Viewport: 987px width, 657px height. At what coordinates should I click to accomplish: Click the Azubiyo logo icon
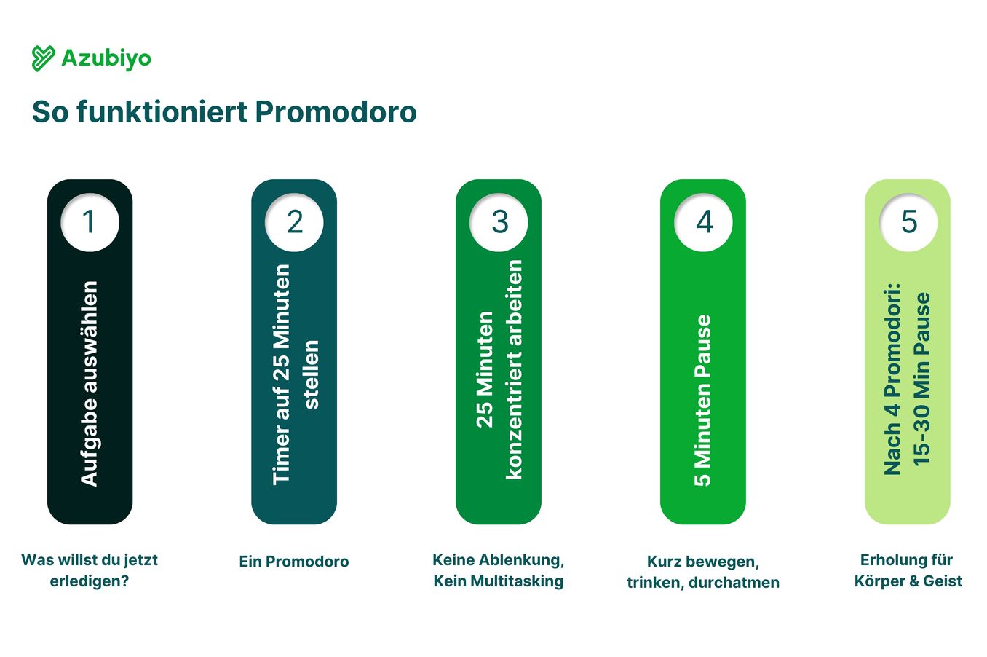(43, 58)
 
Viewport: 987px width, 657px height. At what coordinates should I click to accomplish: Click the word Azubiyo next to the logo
(106, 59)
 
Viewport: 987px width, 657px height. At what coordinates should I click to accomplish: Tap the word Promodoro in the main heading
(336, 112)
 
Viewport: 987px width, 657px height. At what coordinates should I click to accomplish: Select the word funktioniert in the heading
(162, 112)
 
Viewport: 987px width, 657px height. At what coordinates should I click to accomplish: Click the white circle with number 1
(90, 222)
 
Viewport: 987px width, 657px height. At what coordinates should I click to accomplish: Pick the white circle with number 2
(294, 222)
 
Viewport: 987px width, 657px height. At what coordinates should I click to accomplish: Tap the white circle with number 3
(499, 222)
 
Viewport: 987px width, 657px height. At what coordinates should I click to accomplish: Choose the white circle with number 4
(703, 222)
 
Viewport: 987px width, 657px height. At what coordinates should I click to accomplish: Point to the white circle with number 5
(908, 222)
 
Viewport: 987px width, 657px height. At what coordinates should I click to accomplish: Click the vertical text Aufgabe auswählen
(89, 384)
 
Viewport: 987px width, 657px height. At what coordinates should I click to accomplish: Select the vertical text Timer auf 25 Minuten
(281, 375)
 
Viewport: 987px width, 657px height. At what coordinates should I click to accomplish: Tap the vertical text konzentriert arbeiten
(514, 369)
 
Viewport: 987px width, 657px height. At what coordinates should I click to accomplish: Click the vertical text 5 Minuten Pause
(703, 401)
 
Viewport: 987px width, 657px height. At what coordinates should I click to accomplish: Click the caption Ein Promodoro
(294, 562)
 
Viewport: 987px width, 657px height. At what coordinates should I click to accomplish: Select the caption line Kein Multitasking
(499, 581)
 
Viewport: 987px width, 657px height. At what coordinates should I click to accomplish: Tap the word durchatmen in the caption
(734, 583)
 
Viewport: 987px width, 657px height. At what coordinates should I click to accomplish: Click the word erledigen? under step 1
(90, 581)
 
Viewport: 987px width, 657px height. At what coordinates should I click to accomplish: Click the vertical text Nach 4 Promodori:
(892, 379)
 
